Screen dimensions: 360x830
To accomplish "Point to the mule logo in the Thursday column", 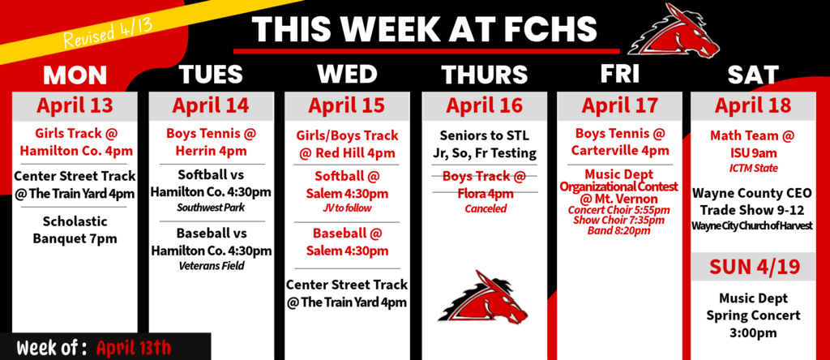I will [483, 298].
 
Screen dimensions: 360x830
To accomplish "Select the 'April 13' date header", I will [75, 106].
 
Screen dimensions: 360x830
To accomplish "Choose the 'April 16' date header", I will [485, 106].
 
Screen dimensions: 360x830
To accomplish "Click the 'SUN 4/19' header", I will [753, 268].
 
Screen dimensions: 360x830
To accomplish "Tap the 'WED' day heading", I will [347, 75].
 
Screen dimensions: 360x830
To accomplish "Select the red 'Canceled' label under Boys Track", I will [485, 209].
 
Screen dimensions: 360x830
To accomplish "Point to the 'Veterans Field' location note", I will [212, 265].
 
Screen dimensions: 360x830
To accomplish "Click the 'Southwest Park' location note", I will [212, 208].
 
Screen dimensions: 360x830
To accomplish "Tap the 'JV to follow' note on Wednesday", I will [347, 208].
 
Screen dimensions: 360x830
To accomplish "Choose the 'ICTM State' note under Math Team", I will [753, 168].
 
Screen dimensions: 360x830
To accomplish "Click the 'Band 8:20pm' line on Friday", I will [619, 231].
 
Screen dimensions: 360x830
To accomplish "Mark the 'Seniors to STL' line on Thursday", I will [485, 135].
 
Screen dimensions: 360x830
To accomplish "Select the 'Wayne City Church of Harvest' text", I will [753, 225].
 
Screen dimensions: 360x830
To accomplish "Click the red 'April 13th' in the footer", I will [135, 348].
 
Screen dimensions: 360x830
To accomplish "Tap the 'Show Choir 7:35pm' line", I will [619, 221].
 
